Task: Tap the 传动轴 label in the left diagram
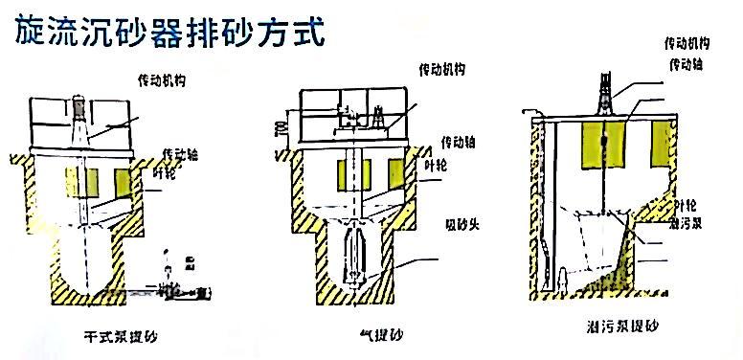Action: coord(185,152)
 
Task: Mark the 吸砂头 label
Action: coord(457,225)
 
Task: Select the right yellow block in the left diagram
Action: coord(124,180)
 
